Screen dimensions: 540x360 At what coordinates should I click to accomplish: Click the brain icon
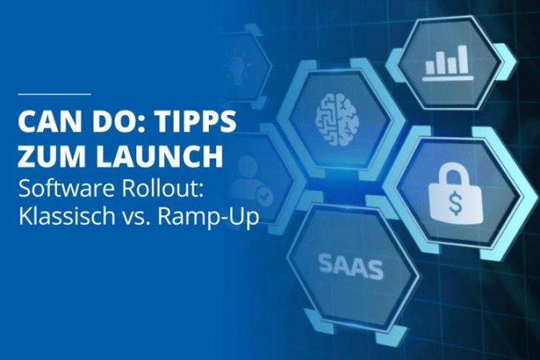[x=337, y=119]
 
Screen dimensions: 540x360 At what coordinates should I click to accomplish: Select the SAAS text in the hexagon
[x=350, y=266]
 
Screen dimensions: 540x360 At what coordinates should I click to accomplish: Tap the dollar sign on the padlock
[x=455, y=203]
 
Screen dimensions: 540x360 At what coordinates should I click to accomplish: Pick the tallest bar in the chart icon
[x=463, y=59]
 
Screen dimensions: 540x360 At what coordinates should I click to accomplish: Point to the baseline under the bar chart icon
[x=447, y=78]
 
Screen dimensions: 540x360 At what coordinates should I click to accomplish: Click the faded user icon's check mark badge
[x=264, y=197]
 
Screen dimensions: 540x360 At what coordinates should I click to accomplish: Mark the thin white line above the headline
[x=54, y=94]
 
